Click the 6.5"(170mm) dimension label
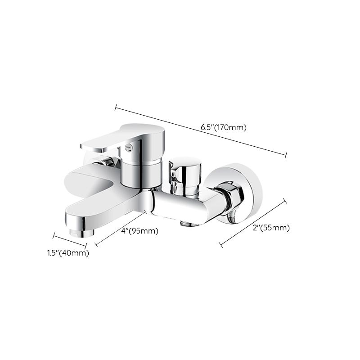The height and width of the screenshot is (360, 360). click(224, 127)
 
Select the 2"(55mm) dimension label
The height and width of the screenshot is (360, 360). click(270, 228)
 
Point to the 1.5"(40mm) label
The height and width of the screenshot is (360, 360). click(68, 253)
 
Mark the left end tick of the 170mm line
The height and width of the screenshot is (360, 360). click(116, 108)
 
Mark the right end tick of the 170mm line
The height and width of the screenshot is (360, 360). click(286, 155)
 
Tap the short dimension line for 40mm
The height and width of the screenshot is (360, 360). click(69, 240)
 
